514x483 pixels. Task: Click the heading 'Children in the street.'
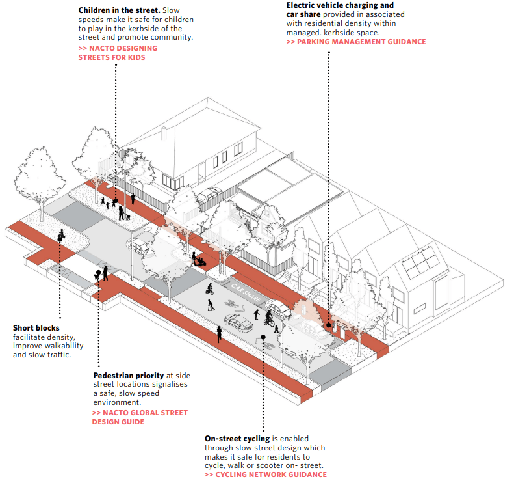pos(119,11)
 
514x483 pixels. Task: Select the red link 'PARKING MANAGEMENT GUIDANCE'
pos(356,42)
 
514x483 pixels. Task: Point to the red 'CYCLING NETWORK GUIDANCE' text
pos(266,475)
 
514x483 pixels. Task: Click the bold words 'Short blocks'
pos(36,327)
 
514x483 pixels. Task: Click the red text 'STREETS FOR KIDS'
pos(112,57)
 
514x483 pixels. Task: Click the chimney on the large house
pos(166,135)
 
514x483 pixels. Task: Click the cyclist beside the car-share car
pos(268,319)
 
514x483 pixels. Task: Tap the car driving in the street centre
pos(238,323)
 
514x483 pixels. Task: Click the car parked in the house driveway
pos(209,195)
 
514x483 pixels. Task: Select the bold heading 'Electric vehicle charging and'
pos(340,5)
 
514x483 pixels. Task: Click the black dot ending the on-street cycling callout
pos(263,338)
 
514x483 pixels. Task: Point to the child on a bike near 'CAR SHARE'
pos(209,305)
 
